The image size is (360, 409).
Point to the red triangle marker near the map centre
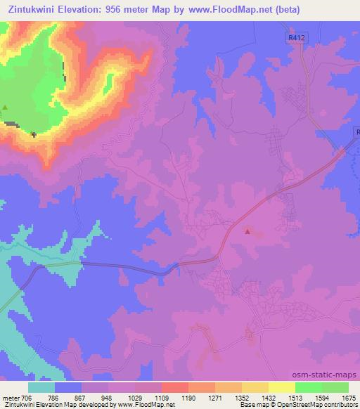pyautogui.click(x=247, y=230)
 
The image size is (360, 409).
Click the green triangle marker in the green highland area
pyautogui.click(x=6, y=108)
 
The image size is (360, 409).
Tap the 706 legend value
pyautogui.click(x=27, y=397)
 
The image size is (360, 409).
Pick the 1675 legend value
pyautogui.click(x=348, y=397)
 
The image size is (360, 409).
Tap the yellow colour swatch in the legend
pyautogui.click(x=281, y=387)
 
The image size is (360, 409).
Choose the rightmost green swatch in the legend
pyautogui.click(x=335, y=387)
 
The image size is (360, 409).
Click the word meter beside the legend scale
pyautogui.click(x=10, y=397)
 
